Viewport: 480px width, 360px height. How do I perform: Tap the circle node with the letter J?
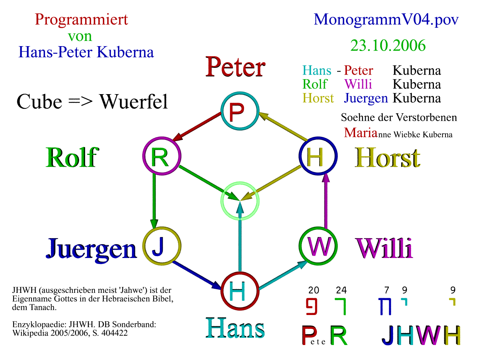click(x=162, y=246)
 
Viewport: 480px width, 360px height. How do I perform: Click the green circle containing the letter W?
click(x=318, y=246)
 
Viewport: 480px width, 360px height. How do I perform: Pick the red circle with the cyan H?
click(x=240, y=291)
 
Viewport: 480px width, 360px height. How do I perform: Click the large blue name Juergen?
click(x=91, y=248)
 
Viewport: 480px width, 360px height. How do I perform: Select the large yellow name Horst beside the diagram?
click(x=387, y=157)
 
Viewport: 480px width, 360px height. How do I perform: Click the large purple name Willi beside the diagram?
click(x=384, y=248)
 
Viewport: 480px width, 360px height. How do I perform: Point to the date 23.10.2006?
click(x=388, y=46)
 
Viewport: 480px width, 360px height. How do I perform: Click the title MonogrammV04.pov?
click(x=386, y=19)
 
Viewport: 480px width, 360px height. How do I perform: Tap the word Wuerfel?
click(x=133, y=102)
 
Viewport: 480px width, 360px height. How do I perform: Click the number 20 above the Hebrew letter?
click(x=313, y=290)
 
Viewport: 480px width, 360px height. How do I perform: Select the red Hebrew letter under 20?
click(x=312, y=306)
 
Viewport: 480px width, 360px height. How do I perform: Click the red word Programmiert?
click(x=81, y=19)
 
